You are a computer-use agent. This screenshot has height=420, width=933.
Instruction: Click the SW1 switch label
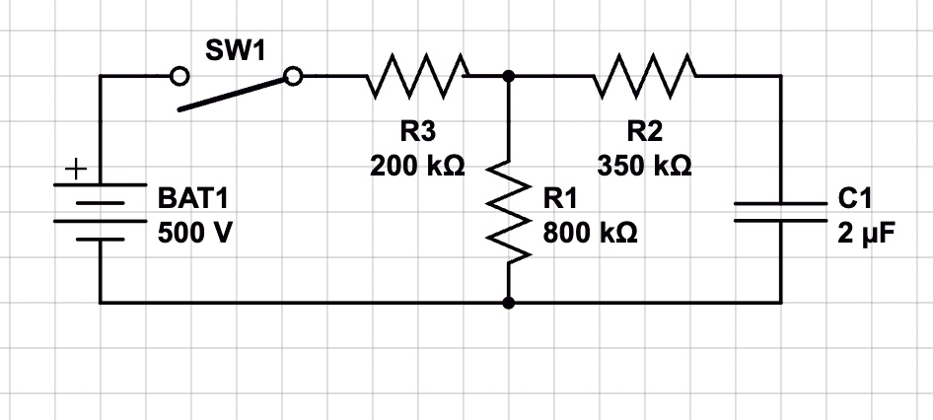pyautogui.click(x=235, y=50)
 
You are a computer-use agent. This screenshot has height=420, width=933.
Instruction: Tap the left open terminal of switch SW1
pyautogui.click(x=179, y=76)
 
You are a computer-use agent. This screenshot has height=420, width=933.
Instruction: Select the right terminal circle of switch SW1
pyautogui.click(x=293, y=76)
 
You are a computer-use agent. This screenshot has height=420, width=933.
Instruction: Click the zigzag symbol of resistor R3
pyautogui.click(x=417, y=76)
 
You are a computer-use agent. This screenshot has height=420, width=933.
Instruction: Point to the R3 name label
pyautogui.click(x=418, y=131)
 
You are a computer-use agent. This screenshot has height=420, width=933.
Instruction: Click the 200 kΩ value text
pyautogui.click(x=417, y=166)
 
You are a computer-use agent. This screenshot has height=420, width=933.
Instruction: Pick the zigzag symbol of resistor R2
pyautogui.click(x=644, y=76)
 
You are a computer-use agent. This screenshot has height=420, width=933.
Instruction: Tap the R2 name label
pyautogui.click(x=645, y=131)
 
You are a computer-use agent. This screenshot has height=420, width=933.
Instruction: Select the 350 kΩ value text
pyautogui.click(x=644, y=166)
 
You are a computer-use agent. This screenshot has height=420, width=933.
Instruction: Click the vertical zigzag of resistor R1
pyautogui.click(x=509, y=211)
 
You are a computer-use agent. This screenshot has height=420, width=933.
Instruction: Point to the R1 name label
pyautogui.click(x=560, y=199)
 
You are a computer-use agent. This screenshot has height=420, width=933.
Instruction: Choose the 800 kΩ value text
pyautogui.click(x=590, y=234)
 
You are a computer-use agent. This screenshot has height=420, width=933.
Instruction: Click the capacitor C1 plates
pyautogui.click(x=781, y=212)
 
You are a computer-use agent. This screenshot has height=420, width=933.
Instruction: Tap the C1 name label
pyautogui.click(x=855, y=199)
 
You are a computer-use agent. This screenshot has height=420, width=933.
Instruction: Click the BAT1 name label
pyautogui.click(x=192, y=199)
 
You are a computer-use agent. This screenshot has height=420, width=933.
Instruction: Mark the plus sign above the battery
pyautogui.click(x=76, y=171)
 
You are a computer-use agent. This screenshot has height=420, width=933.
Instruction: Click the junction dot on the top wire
pyautogui.click(x=508, y=76)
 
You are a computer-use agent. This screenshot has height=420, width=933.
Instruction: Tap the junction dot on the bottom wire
pyautogui.click(x=508, y=303)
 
